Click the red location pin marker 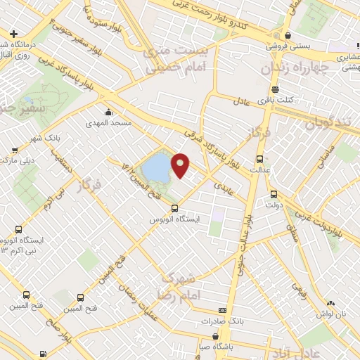click(181, 165)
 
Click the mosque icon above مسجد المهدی click(108, 112)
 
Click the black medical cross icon click(13, 34)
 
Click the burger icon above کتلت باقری click(274, 89)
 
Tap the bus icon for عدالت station click(259, 158)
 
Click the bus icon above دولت click(274, 194)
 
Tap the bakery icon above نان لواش click(330, 301)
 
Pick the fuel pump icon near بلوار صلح click(44, 354)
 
